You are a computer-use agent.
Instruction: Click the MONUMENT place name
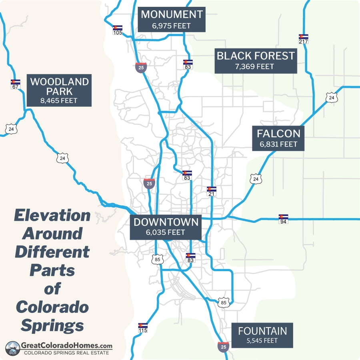[x=172, y=15]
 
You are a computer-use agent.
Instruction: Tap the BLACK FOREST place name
[x=256, y=56]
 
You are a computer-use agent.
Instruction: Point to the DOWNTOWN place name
[x=166, y=222]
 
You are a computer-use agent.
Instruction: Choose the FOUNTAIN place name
[x=262, y=331]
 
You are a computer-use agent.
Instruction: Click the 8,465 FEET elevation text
[x=59, y=101]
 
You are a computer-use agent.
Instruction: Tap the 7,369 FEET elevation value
[x=256, y=66]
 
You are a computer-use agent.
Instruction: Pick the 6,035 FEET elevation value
[x=166, y=232]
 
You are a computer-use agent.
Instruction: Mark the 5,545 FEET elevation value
[x=262, y=341]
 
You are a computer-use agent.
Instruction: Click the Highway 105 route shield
[x=117, y=30]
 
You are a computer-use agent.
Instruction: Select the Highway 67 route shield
[x=16, y=84]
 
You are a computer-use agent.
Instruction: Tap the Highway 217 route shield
[x=304, y=39]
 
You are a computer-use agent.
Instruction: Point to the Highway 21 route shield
[x=212, y=191]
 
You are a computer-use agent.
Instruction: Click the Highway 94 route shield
[x=283, y=219]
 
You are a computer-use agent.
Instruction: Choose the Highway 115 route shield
[x=143, y=328]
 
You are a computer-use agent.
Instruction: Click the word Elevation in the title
[x=52, y=216]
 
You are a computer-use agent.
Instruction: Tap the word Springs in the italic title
[x=52, y=325]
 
